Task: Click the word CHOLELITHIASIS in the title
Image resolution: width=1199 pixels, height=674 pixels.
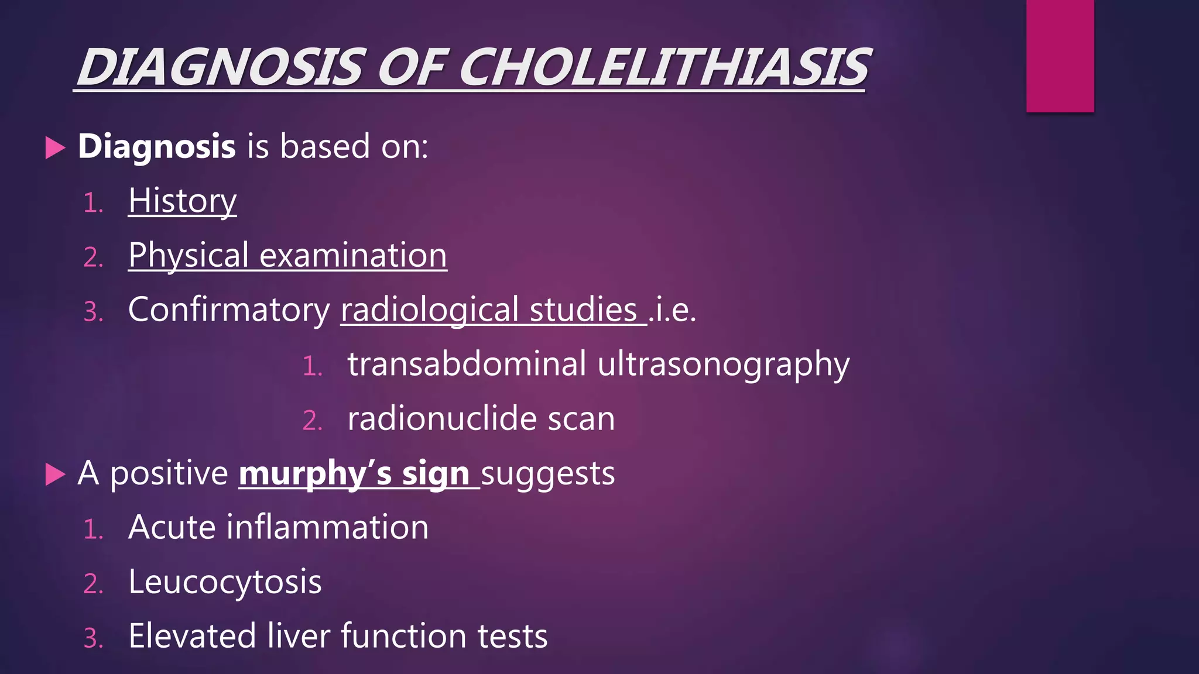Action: coord(664,67)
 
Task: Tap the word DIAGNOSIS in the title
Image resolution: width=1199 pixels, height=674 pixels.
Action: coord(222,67)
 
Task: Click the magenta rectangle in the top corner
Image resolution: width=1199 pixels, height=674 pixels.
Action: coord(1060,56)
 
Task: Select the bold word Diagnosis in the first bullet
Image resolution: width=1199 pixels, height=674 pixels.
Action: coord(157,146)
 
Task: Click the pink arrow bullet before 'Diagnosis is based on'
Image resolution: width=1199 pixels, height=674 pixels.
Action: coord(55,147)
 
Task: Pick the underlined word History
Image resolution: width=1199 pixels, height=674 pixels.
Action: coord(182,201)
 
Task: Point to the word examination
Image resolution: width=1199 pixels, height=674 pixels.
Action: coord(353,256)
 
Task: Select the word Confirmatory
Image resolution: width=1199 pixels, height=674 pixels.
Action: coord(229,310)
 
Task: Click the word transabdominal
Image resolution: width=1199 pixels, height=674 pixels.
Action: coord(467,364)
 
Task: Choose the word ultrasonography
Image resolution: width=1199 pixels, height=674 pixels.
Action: coord(723,365)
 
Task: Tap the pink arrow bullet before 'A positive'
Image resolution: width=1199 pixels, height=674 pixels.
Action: coord(55,474)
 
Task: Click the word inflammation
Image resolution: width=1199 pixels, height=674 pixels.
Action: coord(328,527)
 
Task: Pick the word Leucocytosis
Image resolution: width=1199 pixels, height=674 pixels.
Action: coord(225,582)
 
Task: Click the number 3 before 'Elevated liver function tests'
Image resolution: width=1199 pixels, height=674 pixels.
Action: coord(91,638)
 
